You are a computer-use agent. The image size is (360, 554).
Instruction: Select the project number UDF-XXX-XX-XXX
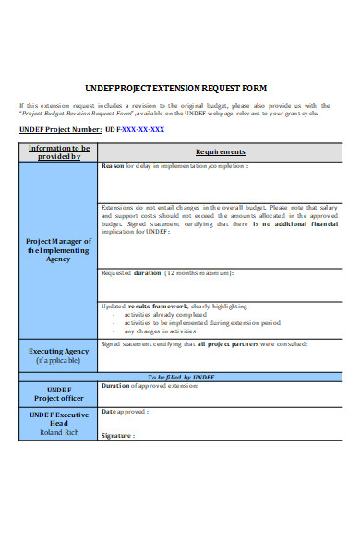click(135, 130)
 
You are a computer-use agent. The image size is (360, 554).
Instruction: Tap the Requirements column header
click(220, 151)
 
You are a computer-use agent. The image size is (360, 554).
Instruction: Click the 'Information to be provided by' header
click(59, 151)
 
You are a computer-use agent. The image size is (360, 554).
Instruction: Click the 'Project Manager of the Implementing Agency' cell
click(58, 250)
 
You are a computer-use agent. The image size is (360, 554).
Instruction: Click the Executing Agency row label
click(58, 351)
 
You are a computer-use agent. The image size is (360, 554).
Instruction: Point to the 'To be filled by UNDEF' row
click(181, 377)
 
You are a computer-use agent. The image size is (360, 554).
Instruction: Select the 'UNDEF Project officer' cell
click(58, 393)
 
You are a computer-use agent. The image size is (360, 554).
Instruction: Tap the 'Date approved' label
click(124, 412)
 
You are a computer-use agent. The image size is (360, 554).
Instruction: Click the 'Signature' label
click(118, 434)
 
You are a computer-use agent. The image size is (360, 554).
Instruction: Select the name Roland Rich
click(58, 431)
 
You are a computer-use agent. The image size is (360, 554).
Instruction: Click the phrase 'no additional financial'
click(294, 223)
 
